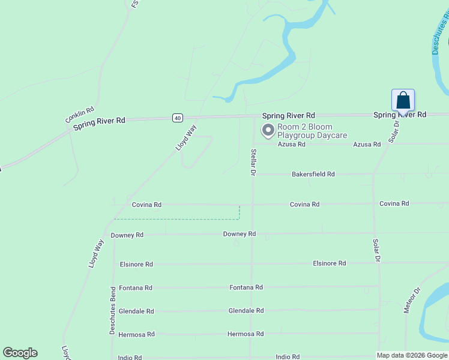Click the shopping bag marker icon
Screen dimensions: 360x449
pos(403,100)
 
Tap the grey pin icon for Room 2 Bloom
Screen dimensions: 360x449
pos(268,130)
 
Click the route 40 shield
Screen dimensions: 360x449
pos(177,118)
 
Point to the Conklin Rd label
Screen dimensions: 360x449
pos(80,115)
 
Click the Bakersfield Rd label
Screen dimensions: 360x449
pos(313,174)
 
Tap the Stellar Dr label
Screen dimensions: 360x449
pos(253,162)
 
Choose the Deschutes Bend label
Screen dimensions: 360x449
pos(112,310)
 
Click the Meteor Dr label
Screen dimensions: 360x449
pos(412,301)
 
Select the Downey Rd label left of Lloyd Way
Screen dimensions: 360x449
pos(127,235)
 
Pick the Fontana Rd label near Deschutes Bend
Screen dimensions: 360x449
pos(136,288)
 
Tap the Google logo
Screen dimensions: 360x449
pos(20,353)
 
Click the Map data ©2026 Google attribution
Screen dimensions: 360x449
pos(412,355)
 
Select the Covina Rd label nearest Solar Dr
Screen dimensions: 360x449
pos(394,203)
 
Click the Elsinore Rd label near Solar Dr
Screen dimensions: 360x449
pos(329,263)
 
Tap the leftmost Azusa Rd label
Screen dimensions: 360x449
pos(292,144)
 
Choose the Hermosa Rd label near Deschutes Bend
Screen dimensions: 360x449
pos(137,334)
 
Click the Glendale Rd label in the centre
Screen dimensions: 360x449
pos(246,311)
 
